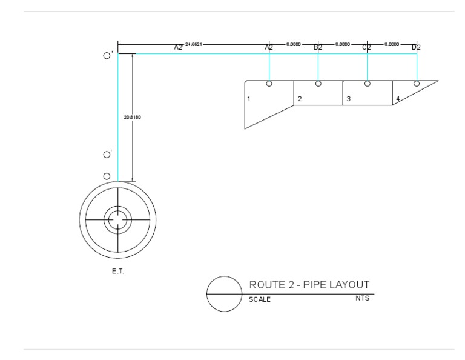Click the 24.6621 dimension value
click(194, 44)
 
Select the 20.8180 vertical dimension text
click(132, 117)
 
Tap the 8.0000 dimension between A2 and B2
click(294, 44)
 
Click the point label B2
click(318, 47)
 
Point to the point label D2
click(416, 47)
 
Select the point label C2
click(367, 47)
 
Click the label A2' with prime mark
click(179, 47)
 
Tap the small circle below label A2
click(269, 84)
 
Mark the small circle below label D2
click(416, 84)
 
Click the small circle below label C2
click(367, 84)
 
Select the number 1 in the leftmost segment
click(249, 98)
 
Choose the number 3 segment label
click(348, 99)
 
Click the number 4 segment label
click(398, 99)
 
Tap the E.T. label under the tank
click(117, 271)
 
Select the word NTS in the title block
click(362, 298)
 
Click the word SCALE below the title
click(260, 299)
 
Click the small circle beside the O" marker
click(107, 55)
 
